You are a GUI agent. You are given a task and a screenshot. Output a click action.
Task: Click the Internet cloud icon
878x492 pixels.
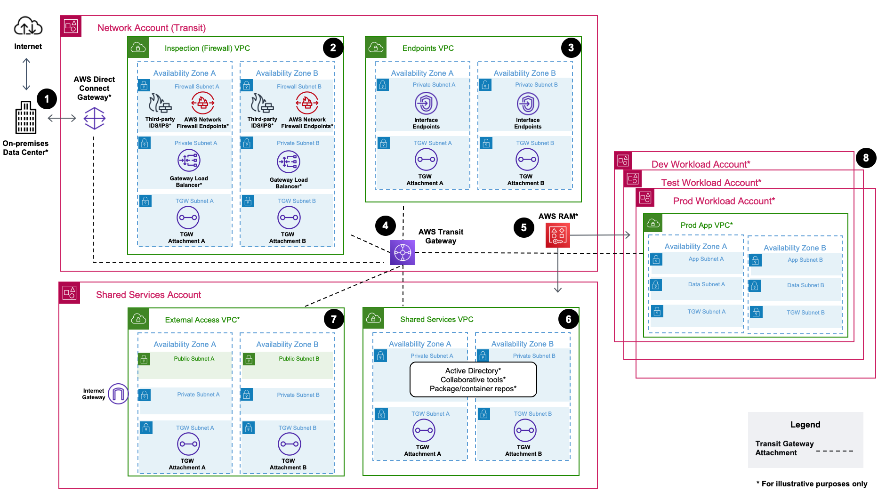[28, 26]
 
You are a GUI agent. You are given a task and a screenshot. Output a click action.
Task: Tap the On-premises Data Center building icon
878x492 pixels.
[26, 118]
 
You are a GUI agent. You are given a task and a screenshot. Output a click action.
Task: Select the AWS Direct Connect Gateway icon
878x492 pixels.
[95, 118]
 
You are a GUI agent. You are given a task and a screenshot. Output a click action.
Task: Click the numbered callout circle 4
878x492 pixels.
[385, 226]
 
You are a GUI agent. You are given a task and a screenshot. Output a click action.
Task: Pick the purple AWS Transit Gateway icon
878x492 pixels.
[403, 253]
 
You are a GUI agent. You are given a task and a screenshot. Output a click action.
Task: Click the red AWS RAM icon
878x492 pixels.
[557, 235]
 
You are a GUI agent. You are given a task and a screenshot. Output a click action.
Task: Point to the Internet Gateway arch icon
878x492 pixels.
[118, 394]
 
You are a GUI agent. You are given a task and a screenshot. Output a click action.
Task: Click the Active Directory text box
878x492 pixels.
[473, 379]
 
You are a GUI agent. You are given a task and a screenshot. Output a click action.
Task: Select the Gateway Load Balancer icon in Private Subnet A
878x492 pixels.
[189, 161]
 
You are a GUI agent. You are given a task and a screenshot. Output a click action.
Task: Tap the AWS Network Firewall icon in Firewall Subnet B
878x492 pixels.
[307, 103]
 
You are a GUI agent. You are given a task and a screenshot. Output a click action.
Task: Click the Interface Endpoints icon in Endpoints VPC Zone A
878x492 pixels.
[426, 103]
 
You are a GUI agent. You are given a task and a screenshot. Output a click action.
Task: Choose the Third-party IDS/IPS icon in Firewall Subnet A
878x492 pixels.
[160, 103]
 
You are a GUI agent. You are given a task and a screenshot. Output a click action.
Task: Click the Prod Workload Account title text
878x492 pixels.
[724, 201]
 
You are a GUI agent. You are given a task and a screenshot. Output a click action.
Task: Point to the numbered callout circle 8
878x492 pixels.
[866, 158]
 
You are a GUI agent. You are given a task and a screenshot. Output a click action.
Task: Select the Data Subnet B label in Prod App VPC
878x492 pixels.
[806, 285]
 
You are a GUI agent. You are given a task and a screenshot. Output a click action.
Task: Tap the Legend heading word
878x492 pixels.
[805, 425]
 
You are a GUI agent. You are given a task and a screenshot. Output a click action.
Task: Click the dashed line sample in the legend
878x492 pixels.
[834, 451]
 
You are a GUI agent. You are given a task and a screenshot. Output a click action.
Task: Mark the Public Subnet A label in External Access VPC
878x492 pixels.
[194, 359]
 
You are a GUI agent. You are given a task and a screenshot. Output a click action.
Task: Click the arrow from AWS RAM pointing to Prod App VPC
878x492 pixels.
[600, 235]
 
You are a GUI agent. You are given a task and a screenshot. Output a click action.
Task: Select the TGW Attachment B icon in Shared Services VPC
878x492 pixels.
[525, 430]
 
